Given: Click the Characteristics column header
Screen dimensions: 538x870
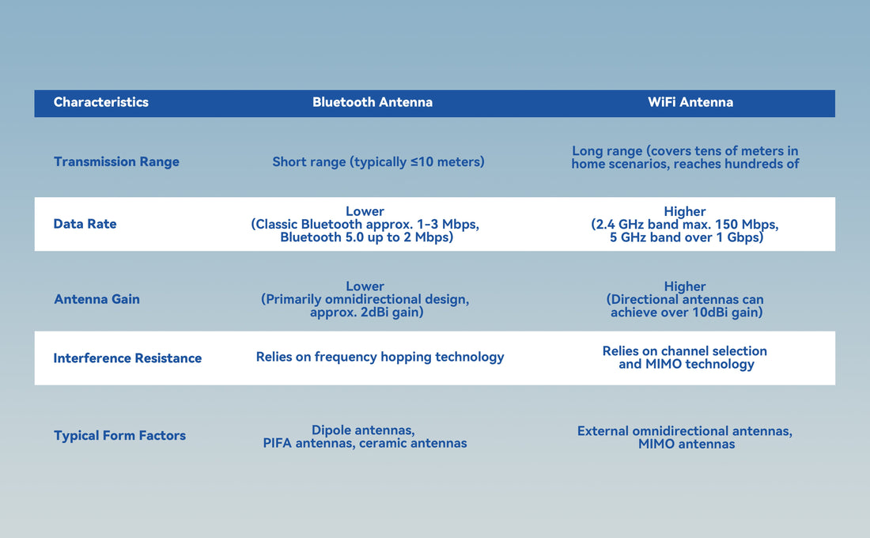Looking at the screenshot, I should pos(100,102).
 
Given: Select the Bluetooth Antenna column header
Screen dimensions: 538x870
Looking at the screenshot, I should pos(372,102).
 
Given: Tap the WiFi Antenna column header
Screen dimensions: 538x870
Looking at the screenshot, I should pos(690,102).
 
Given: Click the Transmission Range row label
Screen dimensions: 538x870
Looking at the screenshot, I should pos(116,161).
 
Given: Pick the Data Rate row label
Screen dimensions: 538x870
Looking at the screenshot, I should pos(85,224).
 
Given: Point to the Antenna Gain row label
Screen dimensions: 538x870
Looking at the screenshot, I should pos(96,299).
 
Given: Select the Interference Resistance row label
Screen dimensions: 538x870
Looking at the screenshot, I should pos(127,358).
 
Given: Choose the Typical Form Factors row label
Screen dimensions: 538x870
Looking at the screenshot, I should pos(119,436).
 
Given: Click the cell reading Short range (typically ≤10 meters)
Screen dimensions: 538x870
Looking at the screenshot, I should pos(378,161).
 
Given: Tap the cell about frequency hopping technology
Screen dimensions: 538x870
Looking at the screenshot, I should pos(380,357).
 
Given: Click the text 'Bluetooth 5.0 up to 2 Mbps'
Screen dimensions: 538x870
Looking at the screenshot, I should pos(366,237).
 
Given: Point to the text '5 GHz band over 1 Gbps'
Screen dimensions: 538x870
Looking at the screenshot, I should pos(686,237).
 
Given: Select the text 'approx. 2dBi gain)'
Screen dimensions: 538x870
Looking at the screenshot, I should pos(365,313).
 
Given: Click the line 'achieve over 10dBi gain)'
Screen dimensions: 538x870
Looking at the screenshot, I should pos(686,313).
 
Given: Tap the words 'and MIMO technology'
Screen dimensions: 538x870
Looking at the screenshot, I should pos(686,364).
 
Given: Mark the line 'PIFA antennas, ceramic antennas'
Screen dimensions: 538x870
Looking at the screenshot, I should pos(365,443).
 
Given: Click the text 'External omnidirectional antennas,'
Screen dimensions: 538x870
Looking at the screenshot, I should pos(685,431).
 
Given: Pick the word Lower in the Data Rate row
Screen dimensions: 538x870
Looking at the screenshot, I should pos(365,211).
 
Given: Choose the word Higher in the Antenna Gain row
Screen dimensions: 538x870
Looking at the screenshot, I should pos(685,286).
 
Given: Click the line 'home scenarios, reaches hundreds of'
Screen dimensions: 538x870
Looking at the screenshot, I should pos(685,165).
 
